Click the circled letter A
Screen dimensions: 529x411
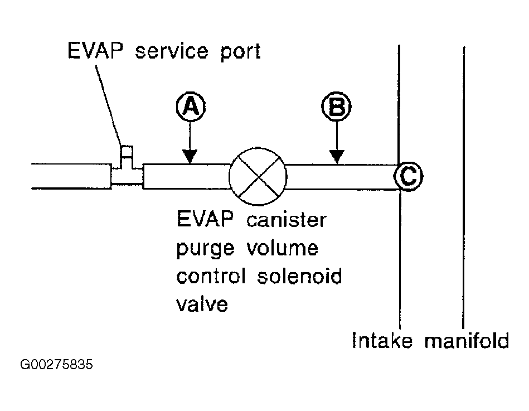tap(191, 107)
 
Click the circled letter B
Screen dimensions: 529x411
tap(336, 107)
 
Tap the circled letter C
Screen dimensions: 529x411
tap(409, 176)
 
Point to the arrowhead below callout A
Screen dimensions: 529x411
tap(190, 157)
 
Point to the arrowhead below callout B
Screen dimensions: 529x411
tap(337, 157)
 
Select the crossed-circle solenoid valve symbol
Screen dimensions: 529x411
tap(258, 176)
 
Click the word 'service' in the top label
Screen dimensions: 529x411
tap(172, 52)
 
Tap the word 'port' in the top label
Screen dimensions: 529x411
tap(241, 52)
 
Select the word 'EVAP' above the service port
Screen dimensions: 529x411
tap(95, 51)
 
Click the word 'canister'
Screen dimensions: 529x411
tap(287, 220)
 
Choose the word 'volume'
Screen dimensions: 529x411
tap(283, 248)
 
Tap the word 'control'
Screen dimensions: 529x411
tap(211, 276)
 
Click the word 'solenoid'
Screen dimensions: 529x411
tap(299, 276)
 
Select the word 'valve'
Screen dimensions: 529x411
tap(202, 304)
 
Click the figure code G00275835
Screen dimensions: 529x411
tap(56, 365)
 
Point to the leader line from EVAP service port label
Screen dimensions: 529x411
tap(108, 105)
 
